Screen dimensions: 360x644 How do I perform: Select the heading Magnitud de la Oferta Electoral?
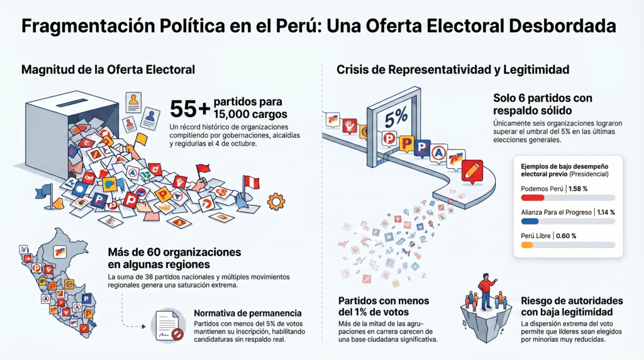tap(108, 69)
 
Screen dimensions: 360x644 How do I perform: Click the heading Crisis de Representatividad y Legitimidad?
tap(453, 69)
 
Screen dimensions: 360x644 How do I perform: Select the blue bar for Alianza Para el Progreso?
tap(530, 222)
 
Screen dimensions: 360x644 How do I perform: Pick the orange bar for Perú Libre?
tap(527, 245)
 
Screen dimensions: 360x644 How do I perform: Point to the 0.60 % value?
tap(565, 235)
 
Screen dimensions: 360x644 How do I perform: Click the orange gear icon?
tap(275, 202)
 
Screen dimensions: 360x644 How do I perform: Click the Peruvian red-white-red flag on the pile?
tap(251, 183)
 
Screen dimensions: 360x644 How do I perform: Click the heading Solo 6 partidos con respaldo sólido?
tap(542, 104)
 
